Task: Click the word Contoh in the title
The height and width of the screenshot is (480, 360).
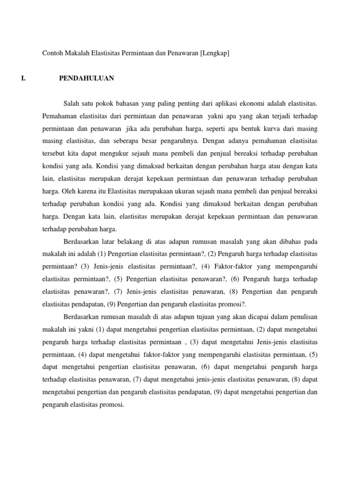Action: point(52,53)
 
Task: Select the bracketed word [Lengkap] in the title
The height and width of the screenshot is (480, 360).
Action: point(215,53)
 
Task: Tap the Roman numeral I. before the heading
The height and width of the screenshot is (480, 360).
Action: point(24,78)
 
